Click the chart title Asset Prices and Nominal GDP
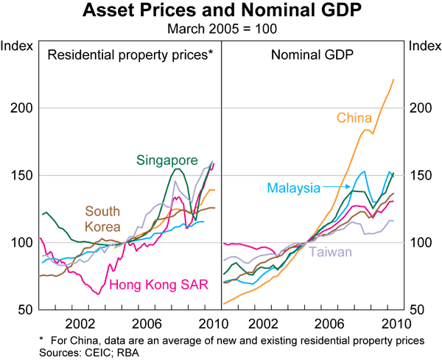click(x=221, y=11)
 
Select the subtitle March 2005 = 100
click(x=221, y=29)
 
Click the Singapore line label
click(x=167, y=160)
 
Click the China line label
click(x=354, y=117)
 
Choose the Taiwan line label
click(x=329, y=251)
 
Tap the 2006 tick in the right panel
click(x=329, y=324)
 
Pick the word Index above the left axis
click(x=17, y=46)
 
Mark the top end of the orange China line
click(x=393, y=80)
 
